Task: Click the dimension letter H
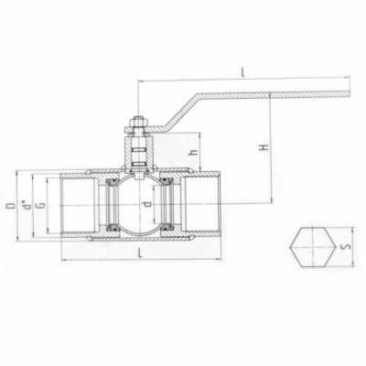[262, 146]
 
